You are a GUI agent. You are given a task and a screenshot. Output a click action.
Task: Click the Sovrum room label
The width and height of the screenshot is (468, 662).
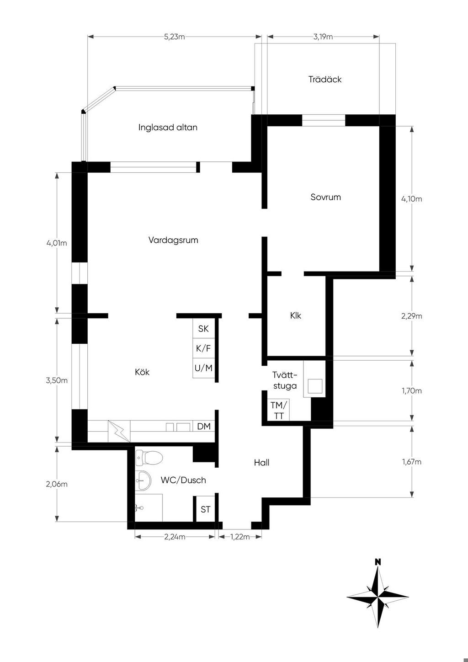pyautogui.click(x=325, y=197)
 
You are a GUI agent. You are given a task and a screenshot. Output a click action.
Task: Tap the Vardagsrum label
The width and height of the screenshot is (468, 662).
pyautogui.click(x=173, y=240)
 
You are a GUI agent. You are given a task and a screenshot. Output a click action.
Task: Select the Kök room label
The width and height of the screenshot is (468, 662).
pyautogui.click(x=142, y=372)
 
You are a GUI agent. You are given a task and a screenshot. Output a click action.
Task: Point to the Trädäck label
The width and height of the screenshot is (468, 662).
pyautogui.click(x=325, y=79)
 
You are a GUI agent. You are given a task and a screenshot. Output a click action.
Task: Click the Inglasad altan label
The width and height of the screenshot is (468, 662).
pyautogui.click(x=168, y=128)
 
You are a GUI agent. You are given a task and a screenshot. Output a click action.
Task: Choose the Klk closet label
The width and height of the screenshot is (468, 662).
pyautogui.click(x=295, y=315)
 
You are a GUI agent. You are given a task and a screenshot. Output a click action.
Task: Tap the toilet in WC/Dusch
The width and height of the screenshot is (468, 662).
pyautogui.click(x=149, y=458)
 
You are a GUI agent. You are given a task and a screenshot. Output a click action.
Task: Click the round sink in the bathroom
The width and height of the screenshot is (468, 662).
pyautogui.click(x=143, y=481)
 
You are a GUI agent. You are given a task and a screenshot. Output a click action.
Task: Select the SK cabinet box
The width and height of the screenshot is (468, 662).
pyautogui.click(x=203, y=328)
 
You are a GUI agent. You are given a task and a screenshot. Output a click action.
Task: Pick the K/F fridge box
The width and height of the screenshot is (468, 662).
pyautogui.click(x=203, y=348)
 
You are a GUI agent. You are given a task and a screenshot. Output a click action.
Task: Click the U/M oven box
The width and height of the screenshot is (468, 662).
pyautogui.click(x=203, y=368)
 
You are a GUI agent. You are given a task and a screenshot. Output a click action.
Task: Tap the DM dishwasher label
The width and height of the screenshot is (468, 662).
pyautogui.click(x=204, y=426)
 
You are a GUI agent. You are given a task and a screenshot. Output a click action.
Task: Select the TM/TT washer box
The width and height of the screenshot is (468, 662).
pyautogui.click(x=278, y=410)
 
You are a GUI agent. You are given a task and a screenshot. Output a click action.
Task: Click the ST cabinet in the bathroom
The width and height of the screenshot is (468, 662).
pyautogui.click(x=205, y=509)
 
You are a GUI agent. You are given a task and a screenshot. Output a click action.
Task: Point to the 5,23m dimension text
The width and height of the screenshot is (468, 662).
pyautogui.click(x=174, y=37)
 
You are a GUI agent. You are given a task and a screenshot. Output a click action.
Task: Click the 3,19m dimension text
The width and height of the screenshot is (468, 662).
pyautogui.click(x=323, y=37)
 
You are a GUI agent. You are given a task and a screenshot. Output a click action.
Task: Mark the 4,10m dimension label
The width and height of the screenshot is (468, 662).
pyautogui.click(x=412, y=199)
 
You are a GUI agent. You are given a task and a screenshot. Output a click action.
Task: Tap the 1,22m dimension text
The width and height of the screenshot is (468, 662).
pyautogui.click(x=240, y=537)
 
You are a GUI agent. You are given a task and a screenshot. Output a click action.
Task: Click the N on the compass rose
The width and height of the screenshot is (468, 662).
pyautogui.click(x=378, y=562)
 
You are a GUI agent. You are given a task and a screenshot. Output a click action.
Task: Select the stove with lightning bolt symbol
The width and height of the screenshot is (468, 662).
pyautogui.click(x=119, y=431)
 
